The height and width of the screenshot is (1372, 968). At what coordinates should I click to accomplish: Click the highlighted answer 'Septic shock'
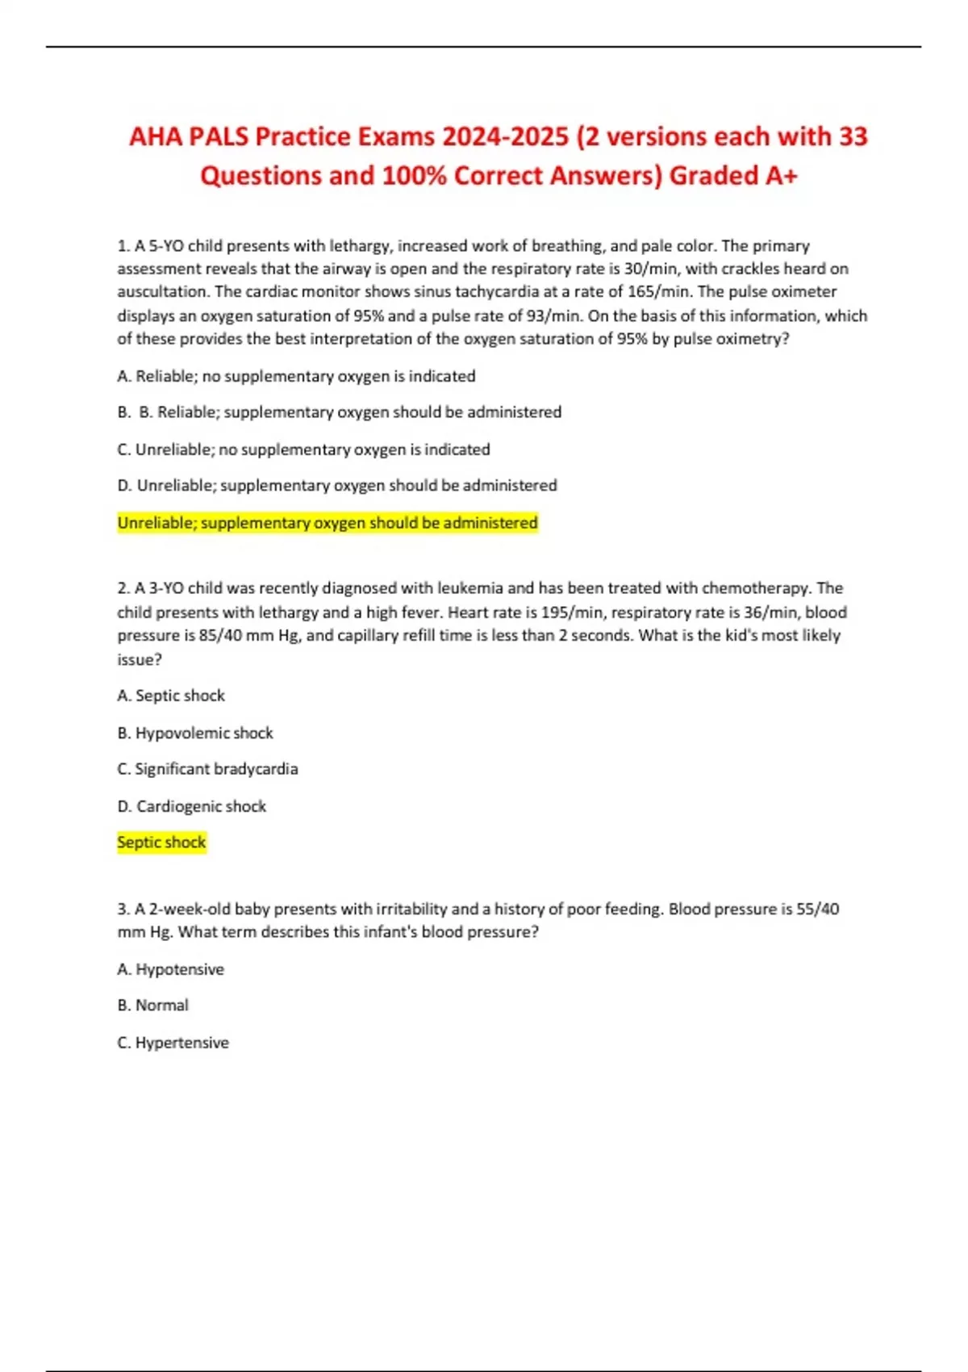pos(161,843)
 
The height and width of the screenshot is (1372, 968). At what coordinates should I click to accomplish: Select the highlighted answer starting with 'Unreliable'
pos(327,523)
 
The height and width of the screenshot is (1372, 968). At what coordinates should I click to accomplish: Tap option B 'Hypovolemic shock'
pos(195,733)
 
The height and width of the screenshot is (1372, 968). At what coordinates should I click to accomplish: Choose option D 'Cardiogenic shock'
pos(192,806)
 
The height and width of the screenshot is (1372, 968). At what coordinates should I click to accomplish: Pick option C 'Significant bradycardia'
pos(207,769)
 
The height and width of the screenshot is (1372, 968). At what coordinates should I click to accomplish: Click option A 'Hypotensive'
pos(170,969)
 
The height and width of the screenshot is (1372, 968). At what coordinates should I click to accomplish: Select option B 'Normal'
pos(152,1006)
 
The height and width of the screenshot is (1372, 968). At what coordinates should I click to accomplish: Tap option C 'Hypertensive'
pos(173,1043)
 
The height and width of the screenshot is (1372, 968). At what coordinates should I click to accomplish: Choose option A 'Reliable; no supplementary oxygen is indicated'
pos(296,376)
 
